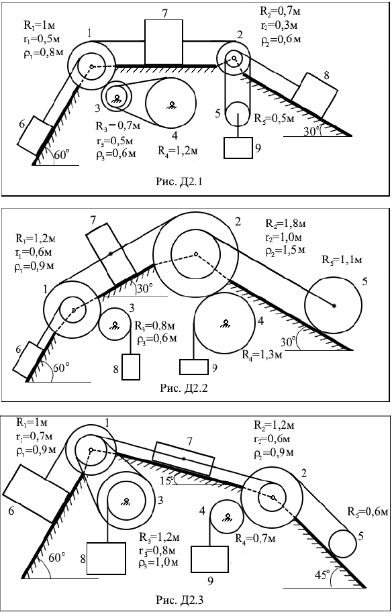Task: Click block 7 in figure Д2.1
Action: coord(164,42)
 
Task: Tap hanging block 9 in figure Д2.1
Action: coord(238,148)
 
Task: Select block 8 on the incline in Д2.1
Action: coord(314,95)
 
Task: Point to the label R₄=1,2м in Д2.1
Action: coord(177,151)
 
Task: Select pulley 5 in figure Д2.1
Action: coord(238,113)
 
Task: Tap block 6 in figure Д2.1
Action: coord(35,136)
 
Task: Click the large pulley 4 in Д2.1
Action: coord(170,103)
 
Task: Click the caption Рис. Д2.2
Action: coord(184,388)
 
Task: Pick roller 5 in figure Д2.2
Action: coord(334,305)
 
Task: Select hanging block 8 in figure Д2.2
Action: coord(131,367)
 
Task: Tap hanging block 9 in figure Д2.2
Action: coord(194,367)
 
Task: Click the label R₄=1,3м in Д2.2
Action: coord(261,355)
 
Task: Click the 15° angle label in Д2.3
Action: coord(168,479)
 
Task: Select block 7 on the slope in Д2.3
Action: coord(183,458)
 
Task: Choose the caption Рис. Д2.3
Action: coord(180,599)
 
